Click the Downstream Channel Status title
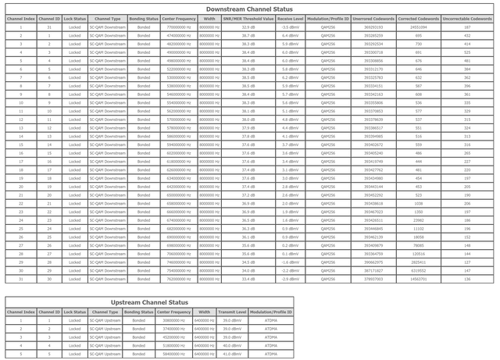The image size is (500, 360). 250,8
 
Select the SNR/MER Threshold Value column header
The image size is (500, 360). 248,18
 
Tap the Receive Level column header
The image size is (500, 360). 291,18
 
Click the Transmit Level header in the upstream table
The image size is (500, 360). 231,312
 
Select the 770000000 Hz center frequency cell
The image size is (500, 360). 180,27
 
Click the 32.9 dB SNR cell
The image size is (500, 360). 248,27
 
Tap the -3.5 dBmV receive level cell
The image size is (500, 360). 291,27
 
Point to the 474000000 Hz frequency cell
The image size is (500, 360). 180,35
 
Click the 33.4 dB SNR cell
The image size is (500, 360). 248,279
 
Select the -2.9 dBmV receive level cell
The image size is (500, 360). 291,279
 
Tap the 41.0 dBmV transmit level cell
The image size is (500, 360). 231,354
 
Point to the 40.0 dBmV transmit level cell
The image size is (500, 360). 231,345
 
